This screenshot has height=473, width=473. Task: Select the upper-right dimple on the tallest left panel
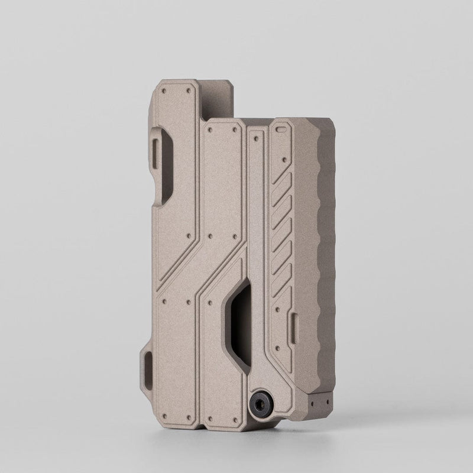tap(188, 93)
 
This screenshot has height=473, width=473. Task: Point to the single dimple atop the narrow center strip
tap(255, 137)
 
